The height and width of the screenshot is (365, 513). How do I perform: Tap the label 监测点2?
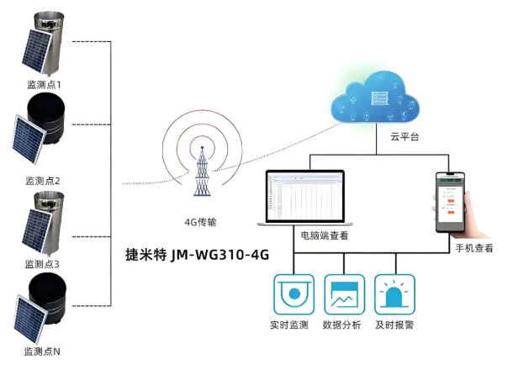pyautogui.click(x=44, y=180)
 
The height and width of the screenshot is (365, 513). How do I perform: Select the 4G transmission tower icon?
pyautogui.click(x=202, y=172)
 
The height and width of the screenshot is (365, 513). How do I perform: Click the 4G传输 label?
pyautogui.click(x=201, y=222)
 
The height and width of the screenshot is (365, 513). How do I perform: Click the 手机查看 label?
pyautogui.click(x=474, y=248)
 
